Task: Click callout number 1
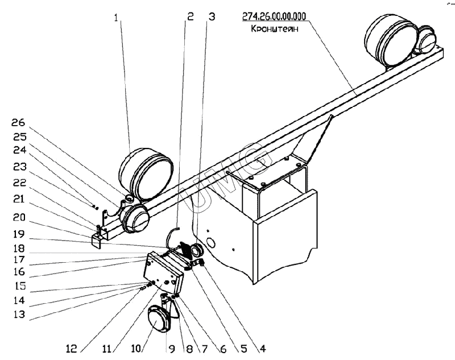[x=117, y=18]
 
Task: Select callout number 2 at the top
[x=190, y=17]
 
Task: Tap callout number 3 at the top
[x=212, y=17]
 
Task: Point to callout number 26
[x=19, y=122]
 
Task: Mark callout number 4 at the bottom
[x=263, y=347]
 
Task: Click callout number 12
[x=73, y=347]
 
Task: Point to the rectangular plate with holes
[x=164, y=271]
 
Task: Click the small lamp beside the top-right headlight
[x=427, y=40]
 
